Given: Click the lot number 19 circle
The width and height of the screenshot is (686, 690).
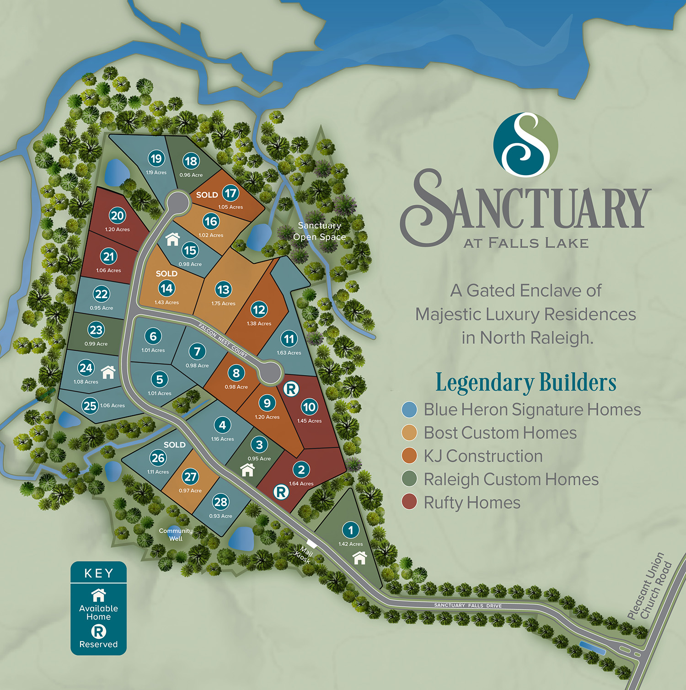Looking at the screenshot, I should [x=156, y=159].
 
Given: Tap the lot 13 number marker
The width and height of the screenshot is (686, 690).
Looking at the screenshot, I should [x=223, y=289].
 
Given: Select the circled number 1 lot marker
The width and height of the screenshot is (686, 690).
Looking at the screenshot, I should [x=351, y=530].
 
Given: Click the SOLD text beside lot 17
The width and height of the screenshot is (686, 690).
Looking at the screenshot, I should [x=207, y=195].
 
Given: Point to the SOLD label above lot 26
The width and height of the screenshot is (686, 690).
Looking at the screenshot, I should [x=175, y=444].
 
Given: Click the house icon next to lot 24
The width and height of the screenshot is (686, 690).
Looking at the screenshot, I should [x=108, y=372].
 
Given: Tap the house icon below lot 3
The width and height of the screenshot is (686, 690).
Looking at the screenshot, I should [x=247, y=470].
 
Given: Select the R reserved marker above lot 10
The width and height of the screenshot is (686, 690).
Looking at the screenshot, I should [x=291, y=389].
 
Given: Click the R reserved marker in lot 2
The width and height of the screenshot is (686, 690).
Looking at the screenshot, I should [x=281, y=492].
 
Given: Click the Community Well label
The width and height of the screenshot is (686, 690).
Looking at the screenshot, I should [x=176, y=535].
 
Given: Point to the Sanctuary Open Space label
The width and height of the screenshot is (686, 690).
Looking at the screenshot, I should [x=319, y=231].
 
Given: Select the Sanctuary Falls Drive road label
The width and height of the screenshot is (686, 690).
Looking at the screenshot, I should [x=467, y=605].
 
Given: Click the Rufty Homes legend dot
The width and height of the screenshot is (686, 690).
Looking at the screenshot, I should [x=409, y=502].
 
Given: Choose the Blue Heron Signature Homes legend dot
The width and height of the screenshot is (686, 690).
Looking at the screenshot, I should [x=409, y=410].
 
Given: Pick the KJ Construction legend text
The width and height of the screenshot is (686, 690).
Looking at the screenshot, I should [x=483, y=456].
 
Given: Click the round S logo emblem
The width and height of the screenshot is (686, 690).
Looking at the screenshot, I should [x=525, y=145].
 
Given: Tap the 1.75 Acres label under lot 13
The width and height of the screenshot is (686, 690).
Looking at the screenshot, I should [x=223, y=304].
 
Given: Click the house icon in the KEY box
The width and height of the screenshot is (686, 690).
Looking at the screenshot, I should [x=98, y=595].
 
